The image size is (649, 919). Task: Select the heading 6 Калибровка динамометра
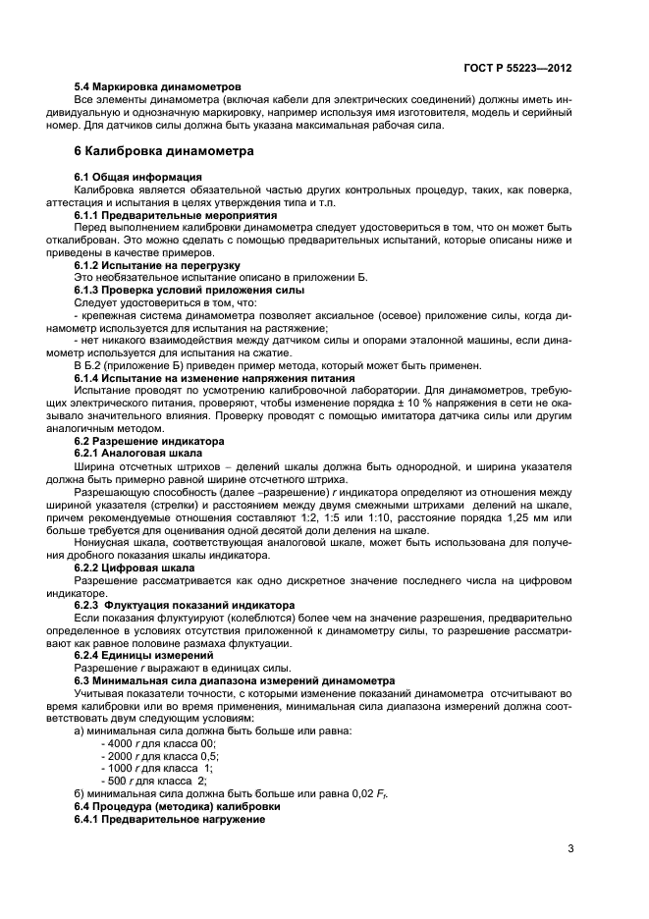point(165,152)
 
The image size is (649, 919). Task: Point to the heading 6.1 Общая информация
point(133,176)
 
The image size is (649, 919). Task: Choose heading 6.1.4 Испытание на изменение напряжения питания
point(202,378)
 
